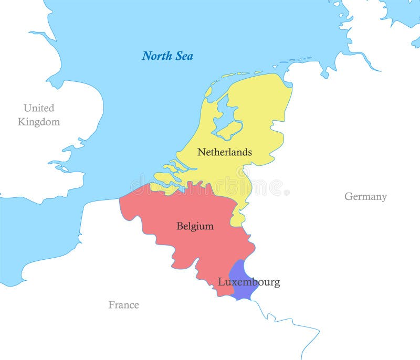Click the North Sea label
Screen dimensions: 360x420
tap(167, 56)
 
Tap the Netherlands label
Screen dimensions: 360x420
tap(224, 152)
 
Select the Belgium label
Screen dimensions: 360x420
tap(195, 226)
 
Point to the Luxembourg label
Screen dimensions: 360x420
tap(248, 282)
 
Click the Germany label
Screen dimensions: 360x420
tap(365, 197)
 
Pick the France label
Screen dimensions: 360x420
tap(123, 305)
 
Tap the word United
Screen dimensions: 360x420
tap(38, 108)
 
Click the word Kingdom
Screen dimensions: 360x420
tap(38, 122)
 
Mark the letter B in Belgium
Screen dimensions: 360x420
tap(180, 226)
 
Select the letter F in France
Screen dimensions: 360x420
tap(111, 305)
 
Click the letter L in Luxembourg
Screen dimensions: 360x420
tap(221, 282)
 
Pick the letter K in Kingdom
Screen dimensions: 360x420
tap(22, 122)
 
